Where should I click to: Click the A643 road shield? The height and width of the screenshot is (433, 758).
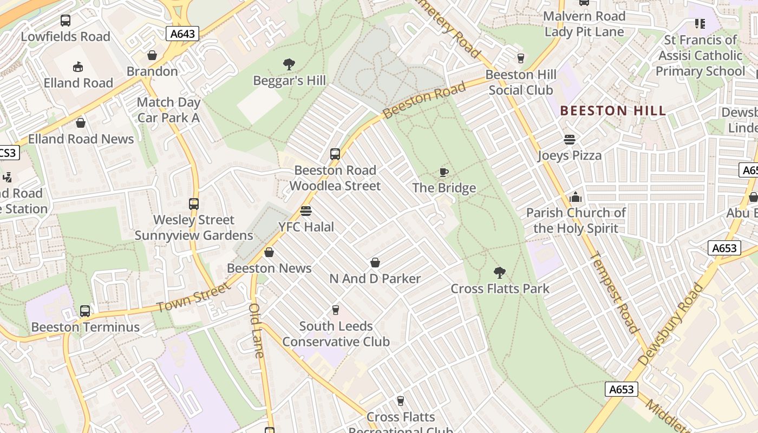click(182, 34)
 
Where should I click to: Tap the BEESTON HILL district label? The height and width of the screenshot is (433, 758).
click(612, 111)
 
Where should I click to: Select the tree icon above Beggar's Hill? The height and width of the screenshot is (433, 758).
click(289, 64)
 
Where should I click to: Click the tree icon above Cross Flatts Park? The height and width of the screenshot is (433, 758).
click(500, 273)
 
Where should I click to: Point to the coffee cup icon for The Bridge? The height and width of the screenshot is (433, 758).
click(444, 173)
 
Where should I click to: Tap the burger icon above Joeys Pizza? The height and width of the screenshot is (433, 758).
click(569, 140)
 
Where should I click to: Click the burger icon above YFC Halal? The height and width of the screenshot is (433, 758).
click(306, 211)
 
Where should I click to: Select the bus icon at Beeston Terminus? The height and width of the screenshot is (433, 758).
click(85, 311)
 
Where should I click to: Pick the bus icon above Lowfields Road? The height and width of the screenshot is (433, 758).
click(66, 21)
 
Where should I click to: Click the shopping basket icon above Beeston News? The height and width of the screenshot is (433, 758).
click(269, 252)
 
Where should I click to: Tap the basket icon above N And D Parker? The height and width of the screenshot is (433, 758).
click(375, 263)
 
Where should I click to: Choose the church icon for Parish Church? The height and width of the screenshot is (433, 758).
click(576, 197)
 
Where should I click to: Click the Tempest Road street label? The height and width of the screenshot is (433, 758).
click(613, 292)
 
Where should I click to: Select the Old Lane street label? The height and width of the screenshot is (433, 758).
click(256, 330)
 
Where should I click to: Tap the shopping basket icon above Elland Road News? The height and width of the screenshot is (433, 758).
click(81, 123)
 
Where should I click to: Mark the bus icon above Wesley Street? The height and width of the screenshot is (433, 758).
click(194, 204)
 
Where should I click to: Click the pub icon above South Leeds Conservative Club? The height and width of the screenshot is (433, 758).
click(336, 310)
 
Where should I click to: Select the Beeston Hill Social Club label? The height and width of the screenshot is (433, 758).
click(521, 82)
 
